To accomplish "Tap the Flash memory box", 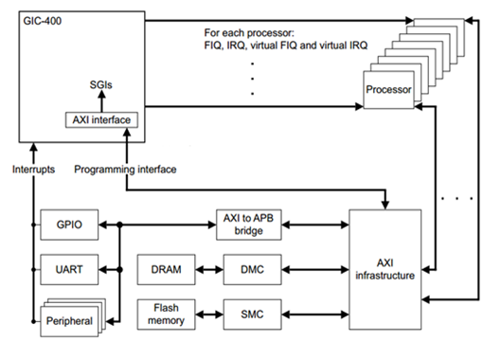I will (166, 312).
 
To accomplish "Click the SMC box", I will (245, 312).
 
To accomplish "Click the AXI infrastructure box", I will (389, 268).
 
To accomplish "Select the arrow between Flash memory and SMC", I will (207, 312).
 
